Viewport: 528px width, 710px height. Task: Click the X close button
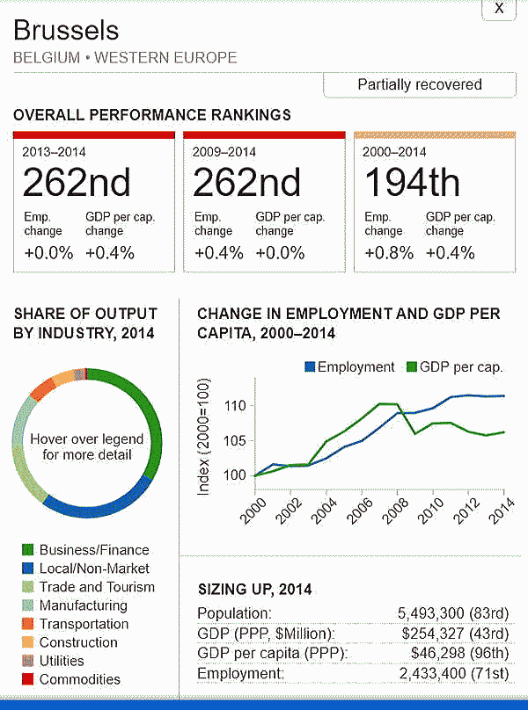coord(499,9)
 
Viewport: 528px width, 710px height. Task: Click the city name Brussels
coord(66,32)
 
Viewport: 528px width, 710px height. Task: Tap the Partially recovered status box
coord(419,85)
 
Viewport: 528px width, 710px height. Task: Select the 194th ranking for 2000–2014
coord(412,183)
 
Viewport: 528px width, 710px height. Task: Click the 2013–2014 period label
coord(55,151)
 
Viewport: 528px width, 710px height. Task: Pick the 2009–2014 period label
coord(224,151)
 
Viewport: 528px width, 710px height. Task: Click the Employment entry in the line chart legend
coord(349,367)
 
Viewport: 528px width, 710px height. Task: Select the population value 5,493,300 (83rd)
coord(454,613)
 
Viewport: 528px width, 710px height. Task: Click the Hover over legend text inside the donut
coord(86,446)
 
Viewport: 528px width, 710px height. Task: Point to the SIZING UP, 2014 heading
coord(254,590)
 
